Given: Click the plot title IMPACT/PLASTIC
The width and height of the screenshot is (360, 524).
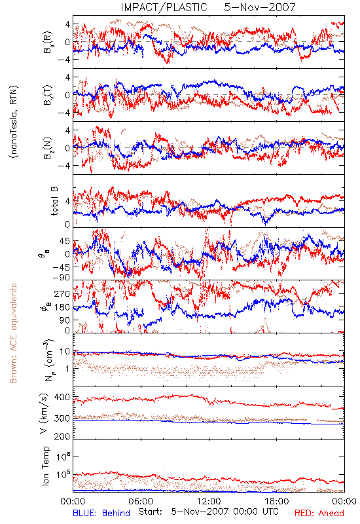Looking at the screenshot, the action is (x=164, y=7).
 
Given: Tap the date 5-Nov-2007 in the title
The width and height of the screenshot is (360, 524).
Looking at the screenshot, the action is (x=260, y=7).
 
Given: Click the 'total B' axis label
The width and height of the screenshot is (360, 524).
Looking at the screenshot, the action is (x=54, y=201).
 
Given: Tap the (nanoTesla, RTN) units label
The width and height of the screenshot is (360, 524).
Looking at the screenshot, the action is (x=14, y=122).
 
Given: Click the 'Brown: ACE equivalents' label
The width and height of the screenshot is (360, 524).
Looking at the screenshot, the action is (x=13, y=333).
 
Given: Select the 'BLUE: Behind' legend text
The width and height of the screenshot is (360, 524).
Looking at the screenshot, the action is (x=101, y=513).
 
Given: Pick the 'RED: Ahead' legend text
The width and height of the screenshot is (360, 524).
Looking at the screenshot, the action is (x=319, y=513).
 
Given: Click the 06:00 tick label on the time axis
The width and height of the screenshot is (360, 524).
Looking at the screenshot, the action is (x=141, y=501).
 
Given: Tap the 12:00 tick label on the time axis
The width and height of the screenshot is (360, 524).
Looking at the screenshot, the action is (x=209, y=501).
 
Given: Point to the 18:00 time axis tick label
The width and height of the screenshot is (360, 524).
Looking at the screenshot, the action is (x=277, y=501).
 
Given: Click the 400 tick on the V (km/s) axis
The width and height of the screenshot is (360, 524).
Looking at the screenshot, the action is (x=62, y=398).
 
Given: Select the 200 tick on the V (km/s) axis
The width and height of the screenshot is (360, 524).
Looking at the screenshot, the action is (x=62, y=436).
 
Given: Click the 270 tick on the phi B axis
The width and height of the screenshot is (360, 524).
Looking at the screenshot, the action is (x=62, y=294).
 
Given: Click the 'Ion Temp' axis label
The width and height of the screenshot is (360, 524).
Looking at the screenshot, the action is (x=45, y=466).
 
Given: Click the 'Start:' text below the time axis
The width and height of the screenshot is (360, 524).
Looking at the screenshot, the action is (x=151, y=512).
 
